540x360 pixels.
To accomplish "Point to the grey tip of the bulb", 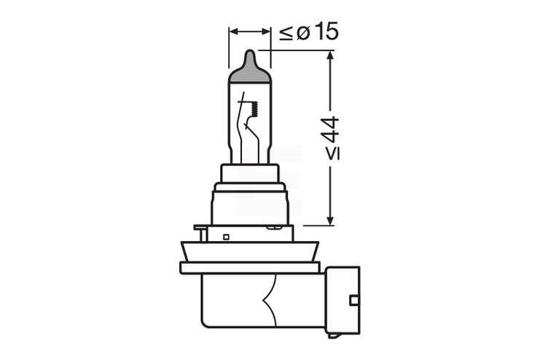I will click(250, 69).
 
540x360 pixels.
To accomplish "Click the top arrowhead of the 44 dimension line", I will click(330, 55).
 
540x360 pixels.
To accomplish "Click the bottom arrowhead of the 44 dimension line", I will click(330, 220).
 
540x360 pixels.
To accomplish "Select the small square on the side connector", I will click(353, 300).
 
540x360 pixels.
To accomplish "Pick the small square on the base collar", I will click(226, 236).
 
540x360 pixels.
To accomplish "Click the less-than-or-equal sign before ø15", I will click(286, 32).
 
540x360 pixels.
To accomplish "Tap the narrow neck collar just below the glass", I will click(250, 173).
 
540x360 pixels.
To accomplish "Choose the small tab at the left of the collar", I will click(198, 228).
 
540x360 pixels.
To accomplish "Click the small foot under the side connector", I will click(333, 335).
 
